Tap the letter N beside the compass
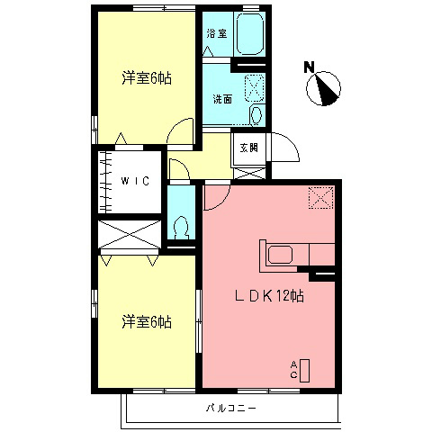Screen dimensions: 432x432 tap(309, 66)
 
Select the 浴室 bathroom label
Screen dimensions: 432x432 tap(216, 33)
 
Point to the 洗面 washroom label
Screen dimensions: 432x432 tap(223, 99)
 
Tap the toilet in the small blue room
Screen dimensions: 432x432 tap(182, 225)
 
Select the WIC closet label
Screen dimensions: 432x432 tap(137, 180)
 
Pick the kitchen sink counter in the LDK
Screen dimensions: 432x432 tap(280, 254)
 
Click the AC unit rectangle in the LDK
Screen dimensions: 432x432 tap(304, 370)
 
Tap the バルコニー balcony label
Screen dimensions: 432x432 tap(232, 409)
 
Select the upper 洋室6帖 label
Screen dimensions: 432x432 tap(147, 77)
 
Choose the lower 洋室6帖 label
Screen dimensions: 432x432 tap(147, 320)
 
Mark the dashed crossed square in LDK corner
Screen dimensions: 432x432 tap(319, 197)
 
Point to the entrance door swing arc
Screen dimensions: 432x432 tap(286, 147)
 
